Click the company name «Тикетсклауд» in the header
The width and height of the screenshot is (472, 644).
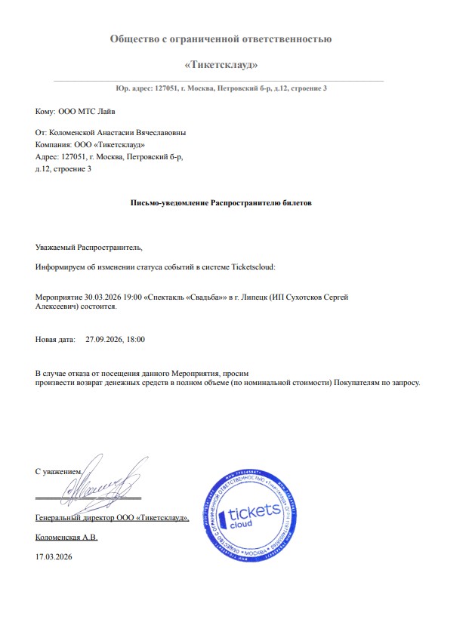click(x=221, y=64)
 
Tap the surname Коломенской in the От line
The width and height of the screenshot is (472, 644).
click(x=85, y=133)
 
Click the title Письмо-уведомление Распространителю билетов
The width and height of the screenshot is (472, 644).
click(x=221, y=203)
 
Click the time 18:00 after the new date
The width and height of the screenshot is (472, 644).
click(x=136, y=340)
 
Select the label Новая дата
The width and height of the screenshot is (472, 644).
click(x=55, y=340)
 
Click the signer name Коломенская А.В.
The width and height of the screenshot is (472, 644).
click(x=66, y=538)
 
